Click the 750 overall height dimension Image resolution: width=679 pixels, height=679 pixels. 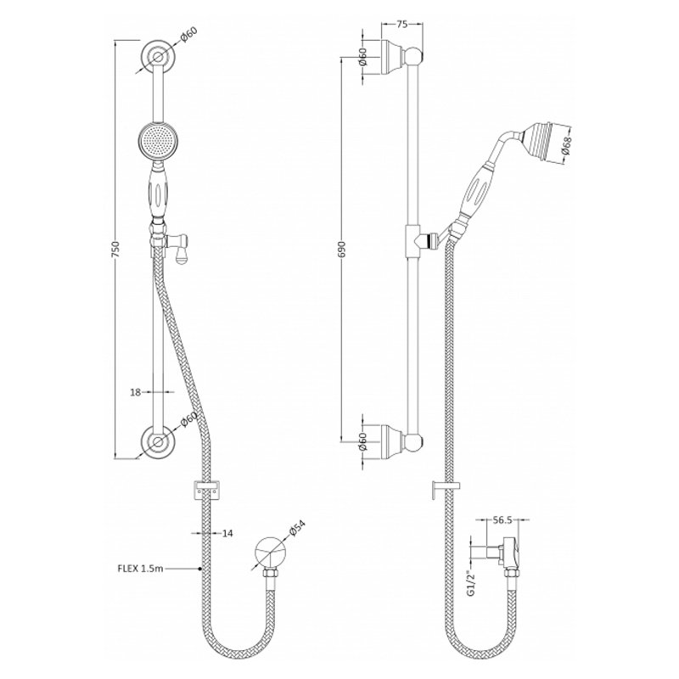pos(115,250)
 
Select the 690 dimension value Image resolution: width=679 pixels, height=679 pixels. pos(342,250)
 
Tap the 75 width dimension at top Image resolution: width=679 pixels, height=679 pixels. pos(401,25)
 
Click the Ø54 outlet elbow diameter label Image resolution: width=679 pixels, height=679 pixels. pos(297,529)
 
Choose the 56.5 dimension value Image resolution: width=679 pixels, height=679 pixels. pos(502,520)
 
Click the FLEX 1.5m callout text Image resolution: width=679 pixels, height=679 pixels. pos(141,569)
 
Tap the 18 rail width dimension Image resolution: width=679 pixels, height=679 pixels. pos(136,392)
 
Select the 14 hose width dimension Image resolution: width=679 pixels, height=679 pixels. pos(227,534)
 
